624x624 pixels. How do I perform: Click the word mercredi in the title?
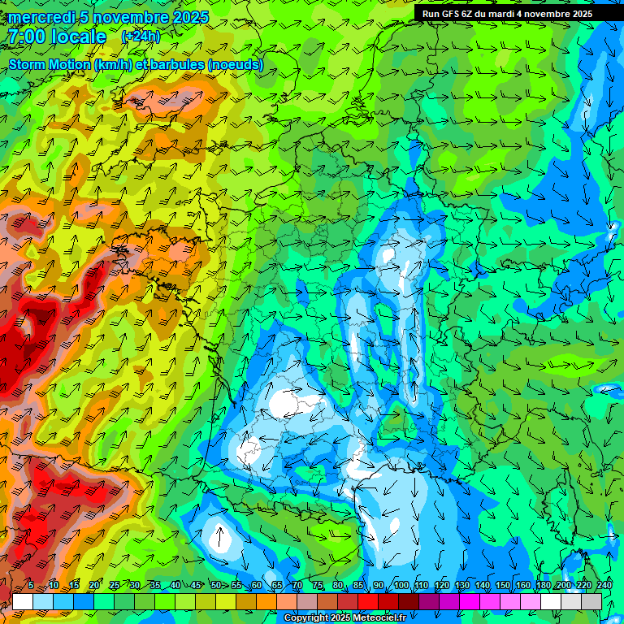tap(40, 17)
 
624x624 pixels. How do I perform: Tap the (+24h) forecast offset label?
tap(141, 36)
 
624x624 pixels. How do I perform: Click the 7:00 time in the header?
tap(27, 37)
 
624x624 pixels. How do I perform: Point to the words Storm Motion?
tap(50, 64)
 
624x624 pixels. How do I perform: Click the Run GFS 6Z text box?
tap(507, 13)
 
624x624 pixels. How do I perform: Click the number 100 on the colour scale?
tap(401, 585)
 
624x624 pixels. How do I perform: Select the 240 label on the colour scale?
tap(604, 585)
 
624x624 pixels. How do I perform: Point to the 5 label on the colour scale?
tap(31, 585)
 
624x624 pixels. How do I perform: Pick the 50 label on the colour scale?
tap(216, 585)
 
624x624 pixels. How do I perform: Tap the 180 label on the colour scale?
tap(543, 585)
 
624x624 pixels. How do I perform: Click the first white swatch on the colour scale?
tap(23, 601)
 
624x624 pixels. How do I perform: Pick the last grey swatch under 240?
tap(591, 601)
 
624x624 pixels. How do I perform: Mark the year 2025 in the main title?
tap(190, 17)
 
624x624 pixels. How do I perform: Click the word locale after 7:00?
tap(77, 37)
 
